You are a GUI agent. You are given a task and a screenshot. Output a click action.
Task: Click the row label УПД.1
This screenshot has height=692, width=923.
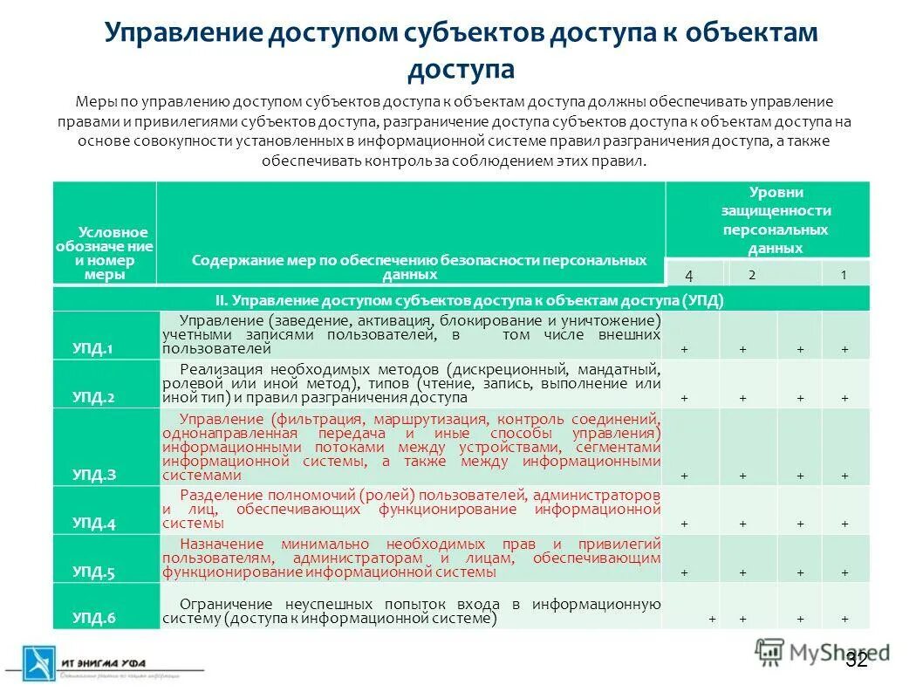(92, 349)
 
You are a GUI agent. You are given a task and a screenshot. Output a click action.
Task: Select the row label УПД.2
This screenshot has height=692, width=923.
(92, 397)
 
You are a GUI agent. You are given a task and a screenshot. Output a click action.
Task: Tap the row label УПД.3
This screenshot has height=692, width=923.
(92, 476)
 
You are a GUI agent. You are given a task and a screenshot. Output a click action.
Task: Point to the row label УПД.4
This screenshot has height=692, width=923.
(92, 524)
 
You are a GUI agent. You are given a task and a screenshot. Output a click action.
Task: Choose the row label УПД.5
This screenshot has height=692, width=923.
(92, 572)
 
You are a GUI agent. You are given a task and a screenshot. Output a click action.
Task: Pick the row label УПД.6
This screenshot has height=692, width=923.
(92, 619)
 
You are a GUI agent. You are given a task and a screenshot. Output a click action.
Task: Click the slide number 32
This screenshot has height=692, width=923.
(857, 660)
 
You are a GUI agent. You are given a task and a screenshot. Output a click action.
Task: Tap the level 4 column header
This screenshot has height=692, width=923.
(689, 275)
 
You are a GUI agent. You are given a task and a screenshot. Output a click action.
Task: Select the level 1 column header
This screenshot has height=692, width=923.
(844, 275)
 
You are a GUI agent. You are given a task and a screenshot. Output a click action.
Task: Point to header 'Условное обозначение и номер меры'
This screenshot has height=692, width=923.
(104, 253)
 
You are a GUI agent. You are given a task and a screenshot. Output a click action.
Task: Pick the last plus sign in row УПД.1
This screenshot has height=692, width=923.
(844, 350)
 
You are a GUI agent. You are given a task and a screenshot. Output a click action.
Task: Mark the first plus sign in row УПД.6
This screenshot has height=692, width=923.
(712, 619)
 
